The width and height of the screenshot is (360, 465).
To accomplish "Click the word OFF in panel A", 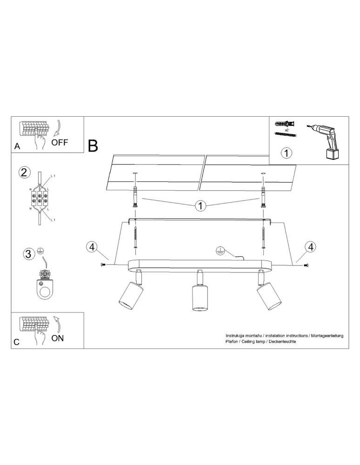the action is pyautogui.click(x=60, y=142).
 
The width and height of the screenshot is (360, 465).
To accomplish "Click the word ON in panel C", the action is pyautogui.click(x=58, y=338).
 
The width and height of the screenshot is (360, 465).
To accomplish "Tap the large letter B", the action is pyautogui.click(x=93, y=146).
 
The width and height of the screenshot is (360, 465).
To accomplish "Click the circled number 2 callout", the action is pyautogui.click(x=24, y=173).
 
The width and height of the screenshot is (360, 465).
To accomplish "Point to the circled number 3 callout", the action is pyautogui.click(x=28, y=254).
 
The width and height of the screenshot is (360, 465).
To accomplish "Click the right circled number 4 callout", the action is pyautogui.click(x=311, y=247).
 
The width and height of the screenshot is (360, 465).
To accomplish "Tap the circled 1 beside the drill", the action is pyautogui.click(x=287, y=153).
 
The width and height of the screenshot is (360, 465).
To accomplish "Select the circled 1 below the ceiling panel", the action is pyautogui.click(x=201, y=206).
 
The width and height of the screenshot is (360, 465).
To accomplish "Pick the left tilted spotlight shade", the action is pyautogui.click(x=131, y=295).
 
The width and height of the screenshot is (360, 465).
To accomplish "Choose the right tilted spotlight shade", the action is pyautogui.click(x=269, y=296).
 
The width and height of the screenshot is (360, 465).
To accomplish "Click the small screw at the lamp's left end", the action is pyautogui.click(x=103, y=264).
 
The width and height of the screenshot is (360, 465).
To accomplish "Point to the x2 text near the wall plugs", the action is pyautogui.click(x=287, y=130).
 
